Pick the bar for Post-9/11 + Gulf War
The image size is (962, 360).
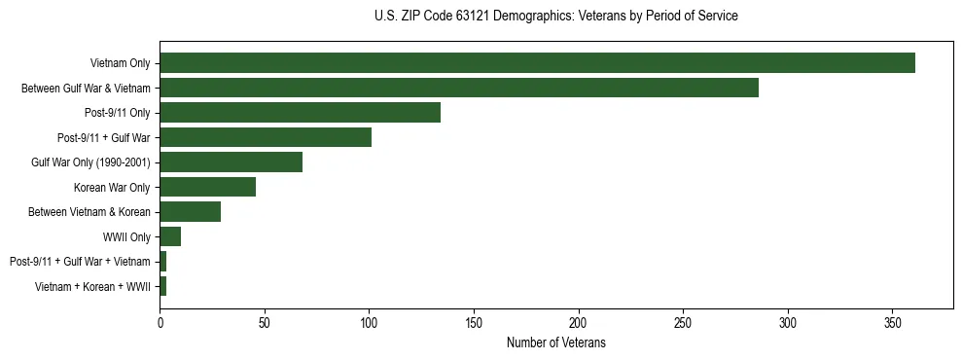coord(266,137)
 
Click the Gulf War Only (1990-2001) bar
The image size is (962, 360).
coord(231,162)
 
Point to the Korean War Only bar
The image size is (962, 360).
coord(207,187)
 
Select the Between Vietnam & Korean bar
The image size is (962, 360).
coord(191,212)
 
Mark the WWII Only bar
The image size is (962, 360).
coord(170,236)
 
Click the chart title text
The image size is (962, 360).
coord(555,17)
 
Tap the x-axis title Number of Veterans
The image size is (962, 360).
coord(555,342)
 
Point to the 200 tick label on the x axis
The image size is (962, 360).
coord(578,322)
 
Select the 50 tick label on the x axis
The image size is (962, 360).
coord(265,322)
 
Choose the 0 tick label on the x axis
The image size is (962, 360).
coord(160,322)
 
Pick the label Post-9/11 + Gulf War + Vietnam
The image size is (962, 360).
coord(80,262)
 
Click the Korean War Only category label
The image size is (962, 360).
coord(112,187)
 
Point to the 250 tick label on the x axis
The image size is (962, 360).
coord(683,322)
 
